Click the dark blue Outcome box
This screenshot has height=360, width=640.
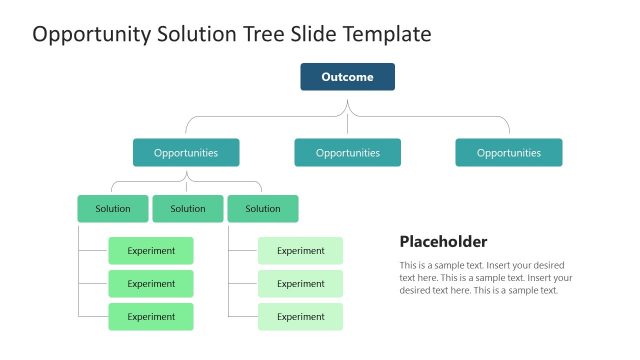347,77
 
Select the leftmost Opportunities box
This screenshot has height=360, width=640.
186,153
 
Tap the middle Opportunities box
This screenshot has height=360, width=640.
347,153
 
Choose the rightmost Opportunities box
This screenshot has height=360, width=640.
508,153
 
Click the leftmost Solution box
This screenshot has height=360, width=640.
113,209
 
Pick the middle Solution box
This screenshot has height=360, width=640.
188,209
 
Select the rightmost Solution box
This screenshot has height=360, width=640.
263,209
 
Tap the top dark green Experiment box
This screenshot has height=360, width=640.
151,251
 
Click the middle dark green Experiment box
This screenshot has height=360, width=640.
151,284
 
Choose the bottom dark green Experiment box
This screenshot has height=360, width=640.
151,317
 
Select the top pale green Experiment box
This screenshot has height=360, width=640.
300,251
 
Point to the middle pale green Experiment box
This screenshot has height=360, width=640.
300,284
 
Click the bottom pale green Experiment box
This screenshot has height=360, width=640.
300,317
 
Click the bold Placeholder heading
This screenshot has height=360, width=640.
443,242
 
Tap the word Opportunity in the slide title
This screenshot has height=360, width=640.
91,35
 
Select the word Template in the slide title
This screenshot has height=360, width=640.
387,35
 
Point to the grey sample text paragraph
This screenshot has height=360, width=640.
486,278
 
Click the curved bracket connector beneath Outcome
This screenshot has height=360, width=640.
347,116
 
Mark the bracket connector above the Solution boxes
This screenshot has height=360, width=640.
186,182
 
